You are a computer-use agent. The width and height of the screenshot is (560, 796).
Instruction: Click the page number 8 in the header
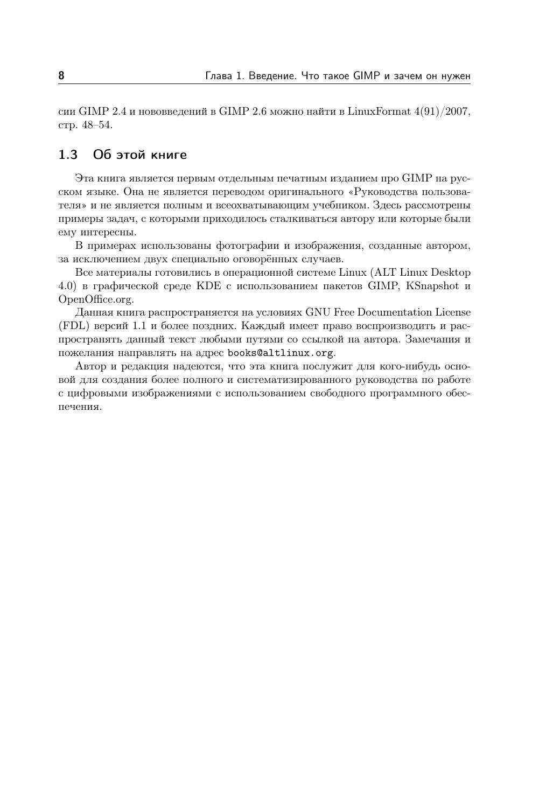61,75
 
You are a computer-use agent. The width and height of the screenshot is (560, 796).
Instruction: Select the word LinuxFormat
379,111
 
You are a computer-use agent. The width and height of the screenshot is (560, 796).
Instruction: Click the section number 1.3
68,155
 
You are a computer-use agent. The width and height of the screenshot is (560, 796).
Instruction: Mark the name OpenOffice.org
95,299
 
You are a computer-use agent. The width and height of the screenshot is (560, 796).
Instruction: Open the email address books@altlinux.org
280,353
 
